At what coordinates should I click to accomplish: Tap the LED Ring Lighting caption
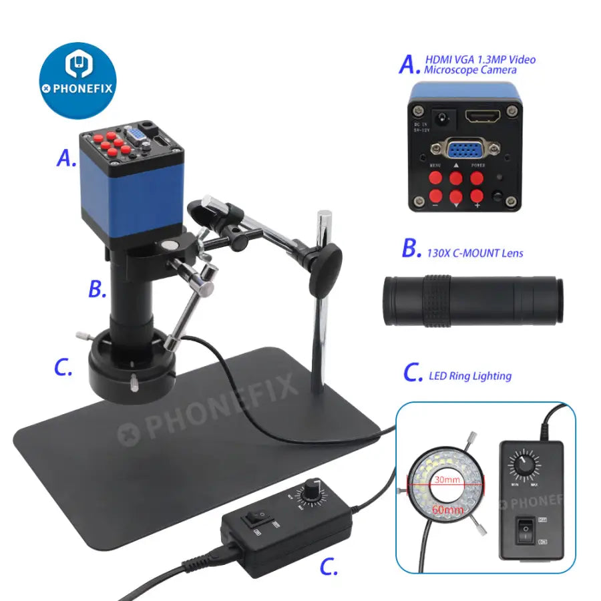point(469,376)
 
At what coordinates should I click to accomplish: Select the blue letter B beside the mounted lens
point(97,289)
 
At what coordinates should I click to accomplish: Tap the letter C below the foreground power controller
point(328,568)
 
